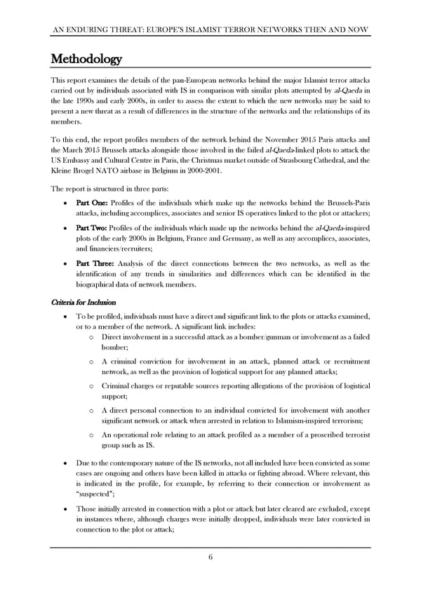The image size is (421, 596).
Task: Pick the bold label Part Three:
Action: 99,263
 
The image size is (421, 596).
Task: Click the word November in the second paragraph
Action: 269,138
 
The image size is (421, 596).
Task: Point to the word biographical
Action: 105,284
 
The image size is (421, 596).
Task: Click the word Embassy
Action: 79,159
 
